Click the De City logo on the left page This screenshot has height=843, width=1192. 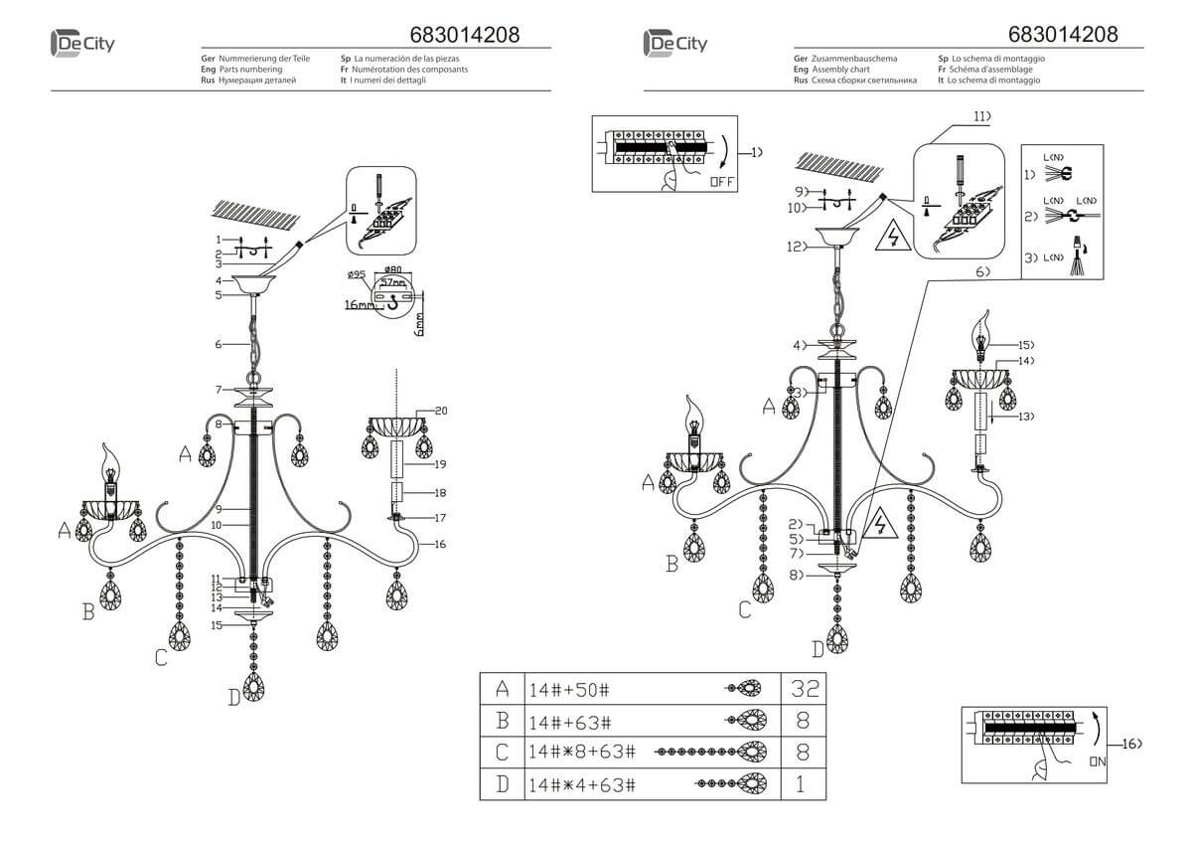click(82, 43)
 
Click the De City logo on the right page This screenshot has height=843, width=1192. click(675, 43)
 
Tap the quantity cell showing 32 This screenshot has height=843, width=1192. click(804, 688)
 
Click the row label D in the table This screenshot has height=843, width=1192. click(503, 785)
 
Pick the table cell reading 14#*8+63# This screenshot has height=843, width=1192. click(580, 753)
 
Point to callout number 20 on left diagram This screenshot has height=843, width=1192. click(441, 412)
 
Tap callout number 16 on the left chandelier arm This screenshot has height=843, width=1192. click(438, 544)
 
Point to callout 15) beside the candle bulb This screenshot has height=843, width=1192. click(1024, 344)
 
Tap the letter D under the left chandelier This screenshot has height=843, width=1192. click(234, 698)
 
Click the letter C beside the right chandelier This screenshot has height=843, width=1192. click(744, 609)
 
